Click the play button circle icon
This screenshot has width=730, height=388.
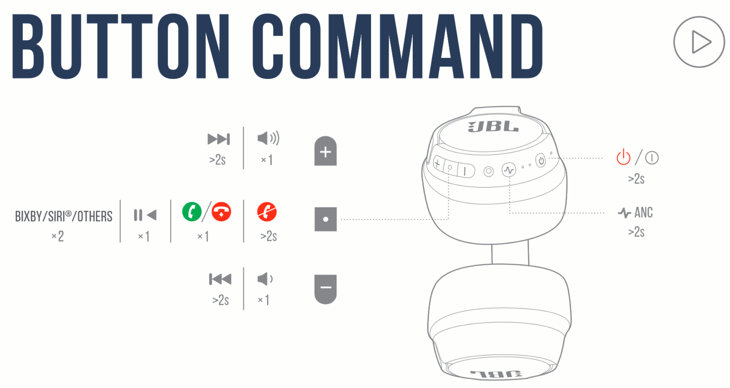(x=699, y=42)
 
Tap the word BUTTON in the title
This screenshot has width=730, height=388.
(x=121, y=46)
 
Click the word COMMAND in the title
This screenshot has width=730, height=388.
(x=397, y=46)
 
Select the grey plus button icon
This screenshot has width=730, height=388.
(x=325, y=151)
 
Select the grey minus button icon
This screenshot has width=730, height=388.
(x=325, y=289)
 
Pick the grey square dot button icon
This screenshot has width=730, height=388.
(x=325, y=219)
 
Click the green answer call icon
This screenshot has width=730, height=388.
(x=192, y=212)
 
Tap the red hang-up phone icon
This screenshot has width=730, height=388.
(x=222, y=212)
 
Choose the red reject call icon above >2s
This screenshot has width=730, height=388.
(x=267, y=212)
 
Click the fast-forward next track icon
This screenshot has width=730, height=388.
(x=219, y=139)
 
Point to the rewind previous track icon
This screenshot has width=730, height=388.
(x=220, y=279)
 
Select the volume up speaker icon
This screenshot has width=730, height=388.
(x=268, y=138)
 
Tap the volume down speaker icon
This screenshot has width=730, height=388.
(x=265, y=279)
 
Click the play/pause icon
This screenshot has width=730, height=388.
(x=145, y=215)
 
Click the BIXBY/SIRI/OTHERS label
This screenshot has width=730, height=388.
(x=64, y=216)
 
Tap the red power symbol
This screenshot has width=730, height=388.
(x=623, y=157)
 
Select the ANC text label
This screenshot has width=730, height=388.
(x=643, y=212)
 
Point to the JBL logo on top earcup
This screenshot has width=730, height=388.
(x=493, y=127)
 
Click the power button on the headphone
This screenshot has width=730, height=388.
(x=541, y=160)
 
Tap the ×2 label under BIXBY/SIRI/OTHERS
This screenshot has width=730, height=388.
(x=58, y=236)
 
